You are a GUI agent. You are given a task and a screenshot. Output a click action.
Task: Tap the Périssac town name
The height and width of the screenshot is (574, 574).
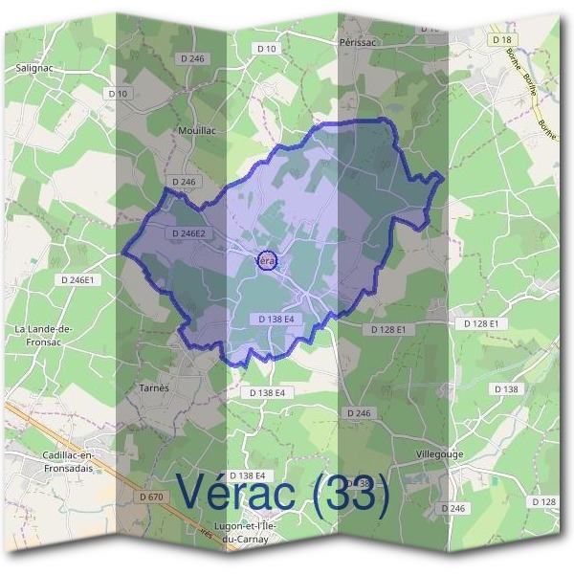[x=361, y=43]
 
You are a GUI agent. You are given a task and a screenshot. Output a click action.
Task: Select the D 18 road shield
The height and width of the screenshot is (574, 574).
[x=500, y=39]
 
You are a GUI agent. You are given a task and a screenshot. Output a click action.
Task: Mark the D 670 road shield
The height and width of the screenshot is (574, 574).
[x=151, y=497]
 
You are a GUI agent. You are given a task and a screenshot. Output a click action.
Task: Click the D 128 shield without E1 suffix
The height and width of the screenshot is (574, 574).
[x=542, y=502]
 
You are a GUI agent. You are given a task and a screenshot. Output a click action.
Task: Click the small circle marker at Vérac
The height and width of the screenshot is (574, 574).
[x=268, y=260]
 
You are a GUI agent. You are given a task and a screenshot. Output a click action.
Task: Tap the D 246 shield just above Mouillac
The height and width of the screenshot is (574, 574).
[x=194, y=59]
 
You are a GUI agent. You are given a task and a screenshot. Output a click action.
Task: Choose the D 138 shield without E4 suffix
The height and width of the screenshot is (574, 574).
[x=506, y=388]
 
